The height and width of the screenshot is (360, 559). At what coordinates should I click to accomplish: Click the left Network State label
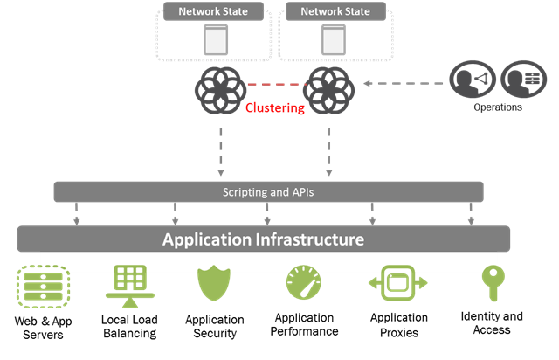[x=213, y=12]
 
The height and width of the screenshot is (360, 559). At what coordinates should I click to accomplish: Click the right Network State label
[x=335, y=12]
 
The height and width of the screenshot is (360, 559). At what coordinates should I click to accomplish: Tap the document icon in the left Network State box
[x=214, y=39]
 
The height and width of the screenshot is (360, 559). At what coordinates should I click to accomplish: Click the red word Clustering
[x=275, y=108]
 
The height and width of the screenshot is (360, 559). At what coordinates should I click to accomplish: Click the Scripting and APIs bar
[x=268, y=191]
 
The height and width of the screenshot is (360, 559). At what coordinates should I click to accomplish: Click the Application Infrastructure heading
[x=263, y=239]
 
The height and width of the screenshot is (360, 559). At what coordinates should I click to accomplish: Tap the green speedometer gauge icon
[x=303, y=283]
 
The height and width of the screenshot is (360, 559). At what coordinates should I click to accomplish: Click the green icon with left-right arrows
[x=397, y=283]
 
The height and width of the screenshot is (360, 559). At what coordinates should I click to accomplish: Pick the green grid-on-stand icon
[x=129, y=283]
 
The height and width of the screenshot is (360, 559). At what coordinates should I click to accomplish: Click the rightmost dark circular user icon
[x=523, y=80]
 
